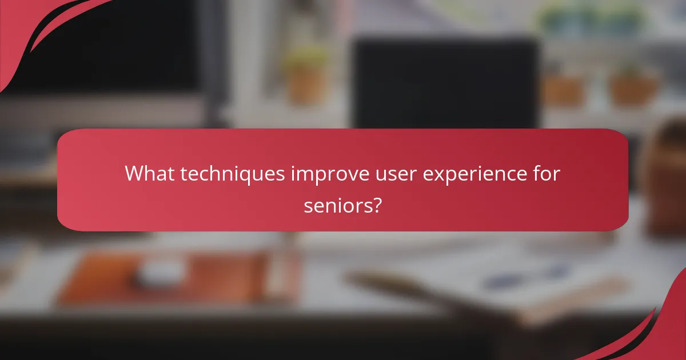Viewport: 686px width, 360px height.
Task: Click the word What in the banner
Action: click(x=149, y=173)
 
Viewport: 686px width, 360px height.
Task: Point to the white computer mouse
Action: click(x=159, y=273)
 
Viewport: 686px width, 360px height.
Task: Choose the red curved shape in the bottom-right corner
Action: click(x=663, y=331)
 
